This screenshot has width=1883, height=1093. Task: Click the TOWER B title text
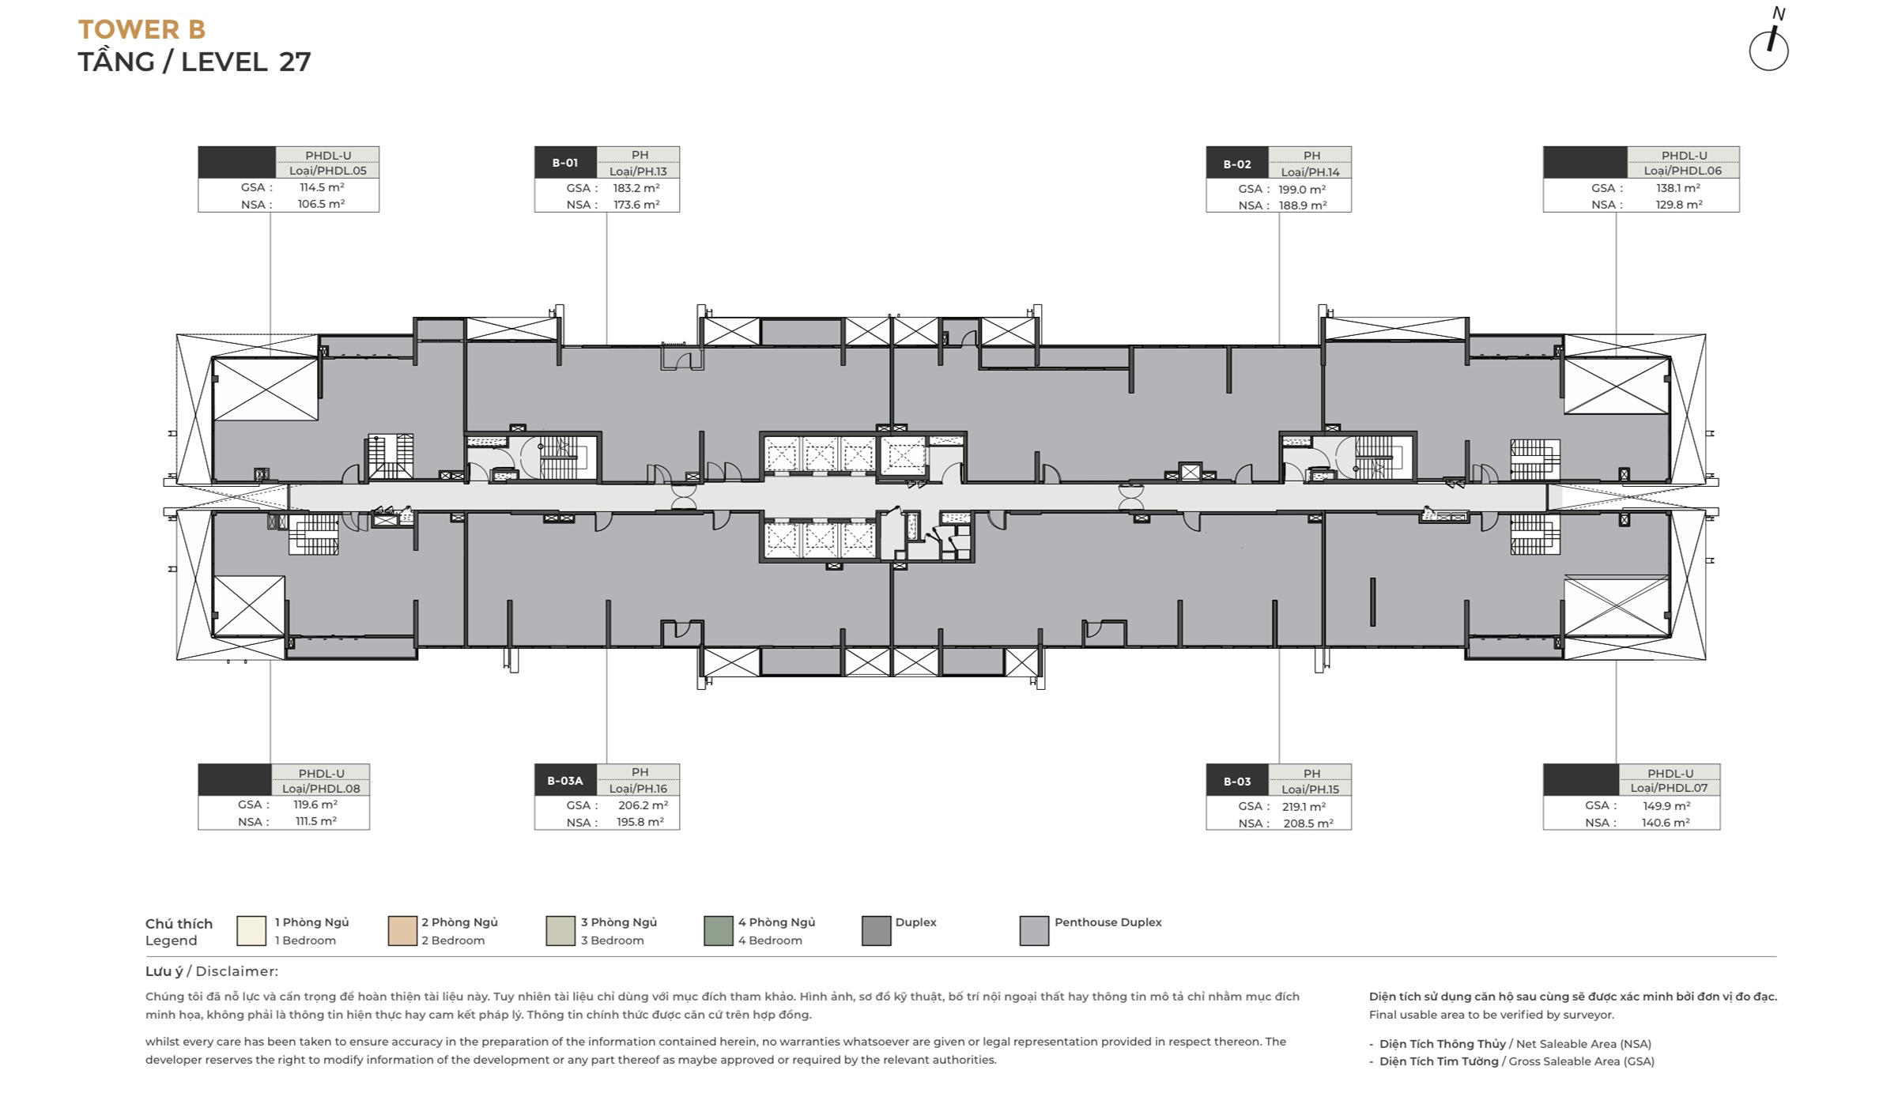142,30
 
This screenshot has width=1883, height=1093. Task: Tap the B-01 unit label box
565,163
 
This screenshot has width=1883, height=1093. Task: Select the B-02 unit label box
1237,164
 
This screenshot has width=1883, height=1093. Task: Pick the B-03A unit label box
565,781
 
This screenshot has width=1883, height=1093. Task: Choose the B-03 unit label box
1237,781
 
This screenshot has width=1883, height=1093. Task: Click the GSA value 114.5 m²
322,187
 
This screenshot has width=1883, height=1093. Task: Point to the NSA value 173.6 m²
636,205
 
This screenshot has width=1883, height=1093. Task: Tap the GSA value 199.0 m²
1302,190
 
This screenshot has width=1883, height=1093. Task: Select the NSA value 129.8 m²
1679,205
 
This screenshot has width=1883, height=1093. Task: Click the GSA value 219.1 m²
1302,807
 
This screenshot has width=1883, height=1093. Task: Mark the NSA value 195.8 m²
640,823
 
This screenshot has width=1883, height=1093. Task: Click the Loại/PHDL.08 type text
321,788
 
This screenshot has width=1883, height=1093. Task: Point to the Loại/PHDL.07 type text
1669,788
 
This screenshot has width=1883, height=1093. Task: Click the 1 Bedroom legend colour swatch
251,931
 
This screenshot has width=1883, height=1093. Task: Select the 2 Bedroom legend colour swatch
402,931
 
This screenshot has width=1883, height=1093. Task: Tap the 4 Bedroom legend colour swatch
719,931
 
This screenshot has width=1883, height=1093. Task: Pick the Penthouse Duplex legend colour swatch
1034,931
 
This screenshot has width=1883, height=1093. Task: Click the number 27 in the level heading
295,62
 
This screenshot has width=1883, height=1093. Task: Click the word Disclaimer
236,971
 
